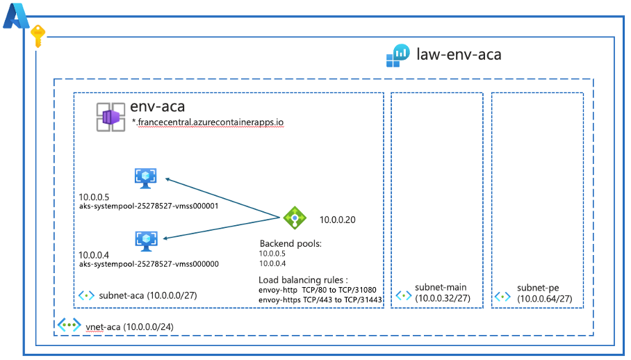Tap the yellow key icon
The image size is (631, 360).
tap(38, 36)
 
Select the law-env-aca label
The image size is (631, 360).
tap(459, 54)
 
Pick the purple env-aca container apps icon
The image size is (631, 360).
tap(110, 115)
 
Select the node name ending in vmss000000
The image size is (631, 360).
tap(149, 264)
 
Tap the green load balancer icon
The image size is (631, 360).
tap(295, 218)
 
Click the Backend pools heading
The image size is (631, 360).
tap(290, 244)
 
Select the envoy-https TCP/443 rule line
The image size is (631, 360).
tap(320, 300)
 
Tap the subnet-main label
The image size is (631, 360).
tap(441, 287)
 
